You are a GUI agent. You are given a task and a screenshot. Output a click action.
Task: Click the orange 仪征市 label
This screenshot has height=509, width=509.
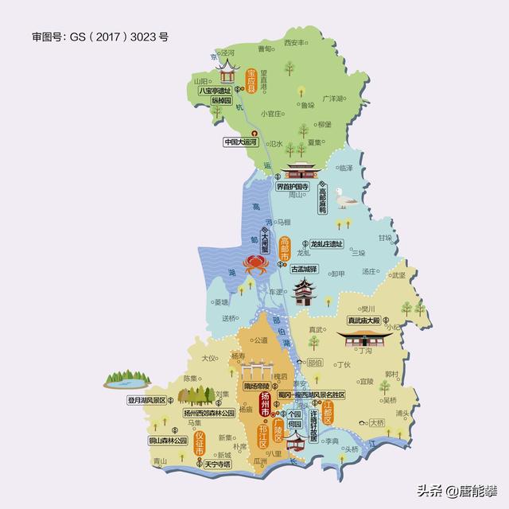pos(199,442)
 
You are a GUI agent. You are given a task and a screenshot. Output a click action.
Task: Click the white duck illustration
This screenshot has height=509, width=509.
pos(347,197)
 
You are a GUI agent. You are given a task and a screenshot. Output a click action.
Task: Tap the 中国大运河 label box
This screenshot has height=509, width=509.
pos(242,143)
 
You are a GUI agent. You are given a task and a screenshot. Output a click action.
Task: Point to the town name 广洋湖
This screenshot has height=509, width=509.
pos(333,99)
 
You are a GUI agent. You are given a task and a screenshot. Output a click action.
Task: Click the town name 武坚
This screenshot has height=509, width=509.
pos(398,274)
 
